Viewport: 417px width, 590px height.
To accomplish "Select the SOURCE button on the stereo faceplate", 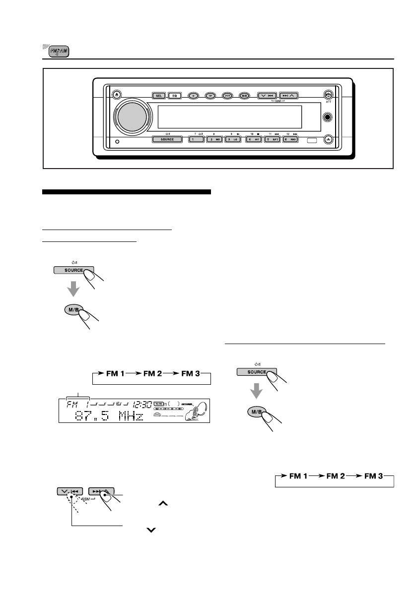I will pos(167,140).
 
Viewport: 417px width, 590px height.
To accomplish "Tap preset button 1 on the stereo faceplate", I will pos(192,140).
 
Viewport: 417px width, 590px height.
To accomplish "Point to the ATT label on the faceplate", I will pos(328,103).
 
